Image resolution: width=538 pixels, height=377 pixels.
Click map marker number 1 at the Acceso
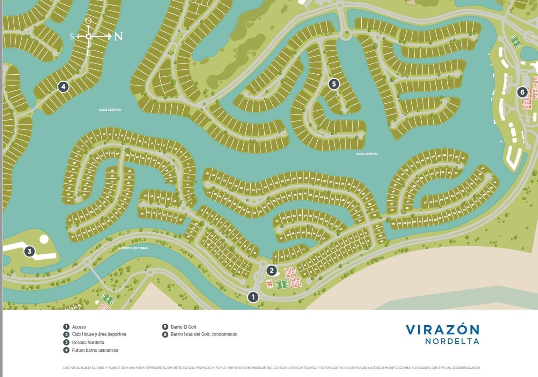point(253,297)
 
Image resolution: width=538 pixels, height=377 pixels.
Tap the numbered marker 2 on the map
point(271,270)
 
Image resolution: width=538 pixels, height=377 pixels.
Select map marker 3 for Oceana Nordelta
point(29,251)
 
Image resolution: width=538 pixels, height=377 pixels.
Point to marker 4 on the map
point(63,87)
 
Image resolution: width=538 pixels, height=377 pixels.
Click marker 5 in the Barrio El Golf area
point(334,84)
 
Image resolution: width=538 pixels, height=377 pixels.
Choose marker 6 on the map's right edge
point(522,92)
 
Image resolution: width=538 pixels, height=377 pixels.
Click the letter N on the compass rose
point(118,36)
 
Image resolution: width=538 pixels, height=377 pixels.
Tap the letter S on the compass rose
point(72,37)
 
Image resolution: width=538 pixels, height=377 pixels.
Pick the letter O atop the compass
point(88,21)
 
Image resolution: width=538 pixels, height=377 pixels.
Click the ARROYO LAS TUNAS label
point(133,248)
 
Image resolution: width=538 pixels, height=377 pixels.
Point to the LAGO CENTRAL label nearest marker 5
point(367,154)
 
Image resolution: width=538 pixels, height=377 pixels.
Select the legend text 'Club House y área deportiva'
point(99,334)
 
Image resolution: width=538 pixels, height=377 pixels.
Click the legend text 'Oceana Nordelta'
point(88,342)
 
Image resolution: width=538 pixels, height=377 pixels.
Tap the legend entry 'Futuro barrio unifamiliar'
point(95,350)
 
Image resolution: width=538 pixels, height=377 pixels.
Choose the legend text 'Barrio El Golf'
point(183,327)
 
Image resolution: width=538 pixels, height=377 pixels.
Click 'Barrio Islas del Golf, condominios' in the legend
point(204,334)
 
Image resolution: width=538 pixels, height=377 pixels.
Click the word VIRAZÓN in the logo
point(442,330)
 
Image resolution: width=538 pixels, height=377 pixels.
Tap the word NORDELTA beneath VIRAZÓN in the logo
point(452,341)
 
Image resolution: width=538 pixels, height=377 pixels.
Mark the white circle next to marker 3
point(44,239)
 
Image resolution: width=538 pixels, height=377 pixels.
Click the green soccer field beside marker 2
point(282,284)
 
